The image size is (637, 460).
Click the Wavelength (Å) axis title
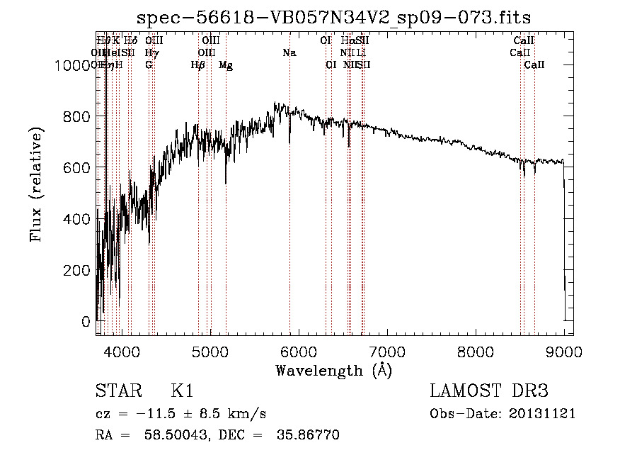[333, 370]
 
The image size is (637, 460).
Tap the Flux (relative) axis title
[36, 184]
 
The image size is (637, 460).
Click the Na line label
[289, 53]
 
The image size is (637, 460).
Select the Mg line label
[226, 65]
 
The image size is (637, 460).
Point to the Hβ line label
[198, 65]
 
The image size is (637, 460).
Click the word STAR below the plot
[117, 392]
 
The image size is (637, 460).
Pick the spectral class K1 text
[182, 392]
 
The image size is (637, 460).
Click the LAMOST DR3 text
[489, 392]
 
